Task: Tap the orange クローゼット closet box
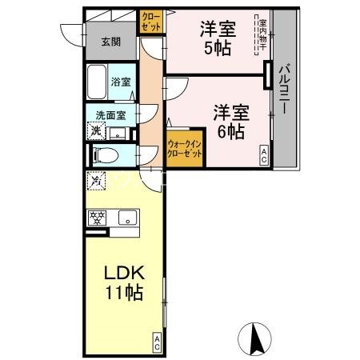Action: (151, 20)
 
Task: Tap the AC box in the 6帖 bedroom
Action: (263, 156)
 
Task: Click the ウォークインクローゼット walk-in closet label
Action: (185, 151)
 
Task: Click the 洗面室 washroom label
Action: (110, 114)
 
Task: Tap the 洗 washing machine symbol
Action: (96, 131)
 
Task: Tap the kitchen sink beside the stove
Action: (126, 216)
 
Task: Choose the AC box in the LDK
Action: (157, 344)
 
